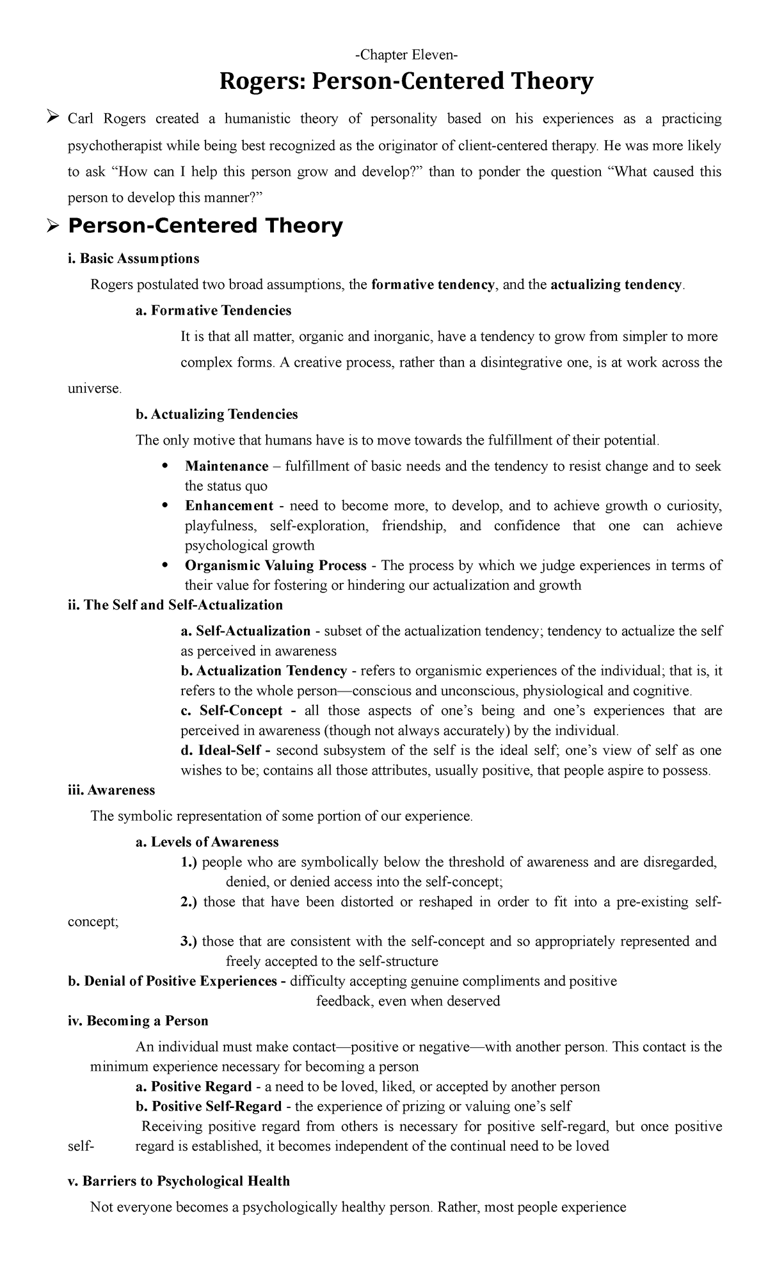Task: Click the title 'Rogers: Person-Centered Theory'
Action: point(406,82)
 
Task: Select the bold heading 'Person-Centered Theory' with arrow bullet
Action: point(205,226)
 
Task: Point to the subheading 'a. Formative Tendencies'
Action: point(213,311)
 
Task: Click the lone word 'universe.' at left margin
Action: point(94,388)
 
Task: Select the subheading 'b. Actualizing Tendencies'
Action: point(216,415)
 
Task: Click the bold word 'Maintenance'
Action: point(227,466)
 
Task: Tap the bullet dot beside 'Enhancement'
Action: point(164,505)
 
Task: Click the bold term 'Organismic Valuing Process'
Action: point(275,565)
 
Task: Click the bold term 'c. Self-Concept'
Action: point(232,711)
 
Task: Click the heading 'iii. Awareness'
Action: point(111,790)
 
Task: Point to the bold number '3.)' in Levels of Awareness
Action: point(189,942)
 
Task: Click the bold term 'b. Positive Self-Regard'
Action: point(209,1107)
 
